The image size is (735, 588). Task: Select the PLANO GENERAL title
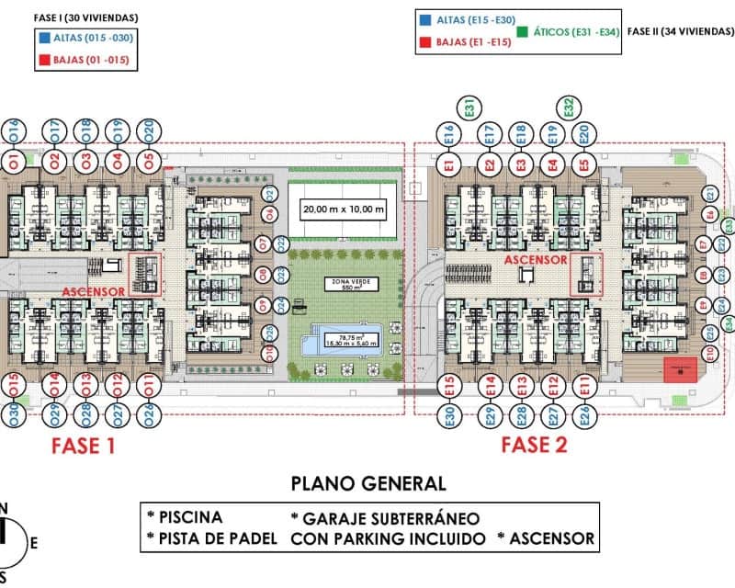(368, 483)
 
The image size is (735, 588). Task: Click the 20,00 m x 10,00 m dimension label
(344, 209)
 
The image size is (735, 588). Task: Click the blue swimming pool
(348, 338)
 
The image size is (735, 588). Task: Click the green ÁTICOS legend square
(522, 31)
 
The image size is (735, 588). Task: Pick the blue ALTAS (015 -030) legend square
(46, 39)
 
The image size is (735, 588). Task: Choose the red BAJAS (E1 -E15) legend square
(424, 42)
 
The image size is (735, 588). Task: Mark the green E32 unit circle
(569, 107)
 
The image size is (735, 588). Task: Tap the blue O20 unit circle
(149, 130)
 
